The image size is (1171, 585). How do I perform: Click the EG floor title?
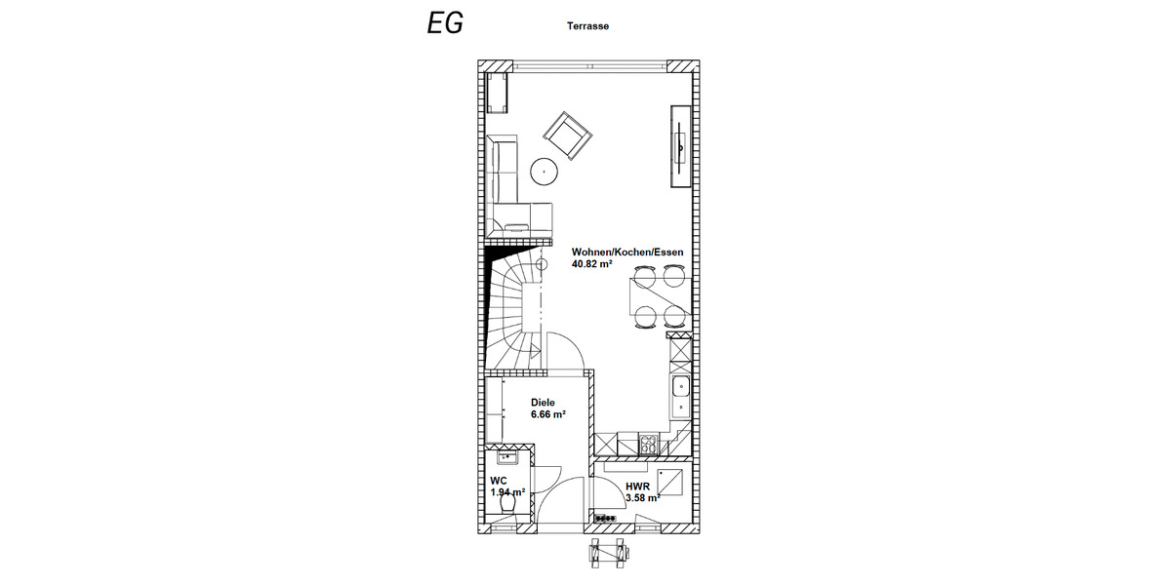tap(445, 24)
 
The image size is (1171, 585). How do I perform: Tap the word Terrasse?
tap(587, 27)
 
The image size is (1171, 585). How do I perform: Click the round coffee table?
tap(544, 173)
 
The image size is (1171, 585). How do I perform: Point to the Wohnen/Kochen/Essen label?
tap(626, 252)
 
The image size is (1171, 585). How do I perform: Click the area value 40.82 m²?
tap(591, 264)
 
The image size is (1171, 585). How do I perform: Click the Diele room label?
tap(543, 402)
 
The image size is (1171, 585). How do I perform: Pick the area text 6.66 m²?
tap(548, 414)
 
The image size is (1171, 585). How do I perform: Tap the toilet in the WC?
tap(506, 508)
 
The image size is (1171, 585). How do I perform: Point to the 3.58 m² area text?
tap(642, 498)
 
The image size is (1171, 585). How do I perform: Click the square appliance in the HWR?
tap(671, 481)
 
